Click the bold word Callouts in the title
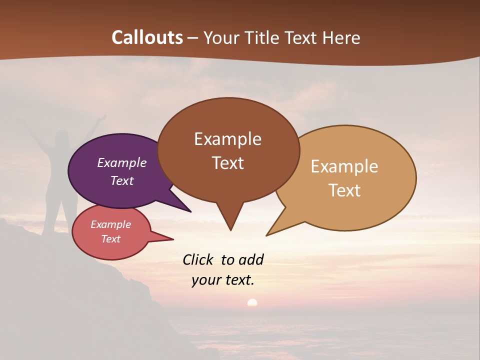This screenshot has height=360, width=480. coord(147,37)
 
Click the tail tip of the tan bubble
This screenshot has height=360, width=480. coord(267,235)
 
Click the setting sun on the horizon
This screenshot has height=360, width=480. coord(252,302)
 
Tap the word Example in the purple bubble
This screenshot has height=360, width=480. coord(122,163)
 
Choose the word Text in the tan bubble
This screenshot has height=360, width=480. coord(344,190)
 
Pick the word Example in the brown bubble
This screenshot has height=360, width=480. coord(228,139)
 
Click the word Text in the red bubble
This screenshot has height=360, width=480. coord(111,239)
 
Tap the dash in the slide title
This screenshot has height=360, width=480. coord(193,38)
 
